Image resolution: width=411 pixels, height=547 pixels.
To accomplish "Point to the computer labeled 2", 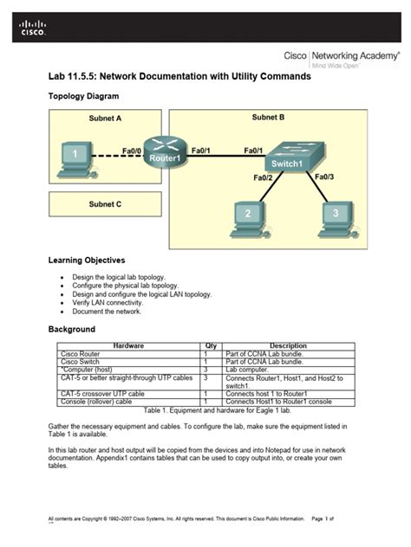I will pos(247,216).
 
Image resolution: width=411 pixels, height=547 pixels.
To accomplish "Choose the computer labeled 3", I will pos(335,216).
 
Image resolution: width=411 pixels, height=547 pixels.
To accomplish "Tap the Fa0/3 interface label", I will pos(324,177).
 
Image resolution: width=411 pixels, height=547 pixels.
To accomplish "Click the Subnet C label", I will pos(105,204).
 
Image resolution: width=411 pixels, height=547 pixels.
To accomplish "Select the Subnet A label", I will pos(106,119).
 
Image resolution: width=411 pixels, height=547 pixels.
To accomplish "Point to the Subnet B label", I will pos(269,117).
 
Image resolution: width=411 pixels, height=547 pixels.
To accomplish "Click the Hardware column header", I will pos(128,345).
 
